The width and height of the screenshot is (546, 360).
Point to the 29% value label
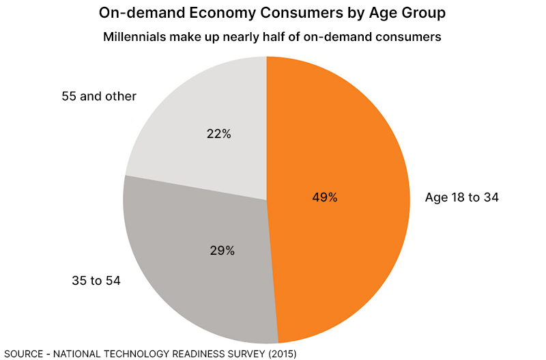222,251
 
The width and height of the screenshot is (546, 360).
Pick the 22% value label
218,134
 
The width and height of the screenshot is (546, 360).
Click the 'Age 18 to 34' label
462,197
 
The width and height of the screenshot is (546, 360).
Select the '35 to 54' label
96,280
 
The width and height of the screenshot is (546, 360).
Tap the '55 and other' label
99,96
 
